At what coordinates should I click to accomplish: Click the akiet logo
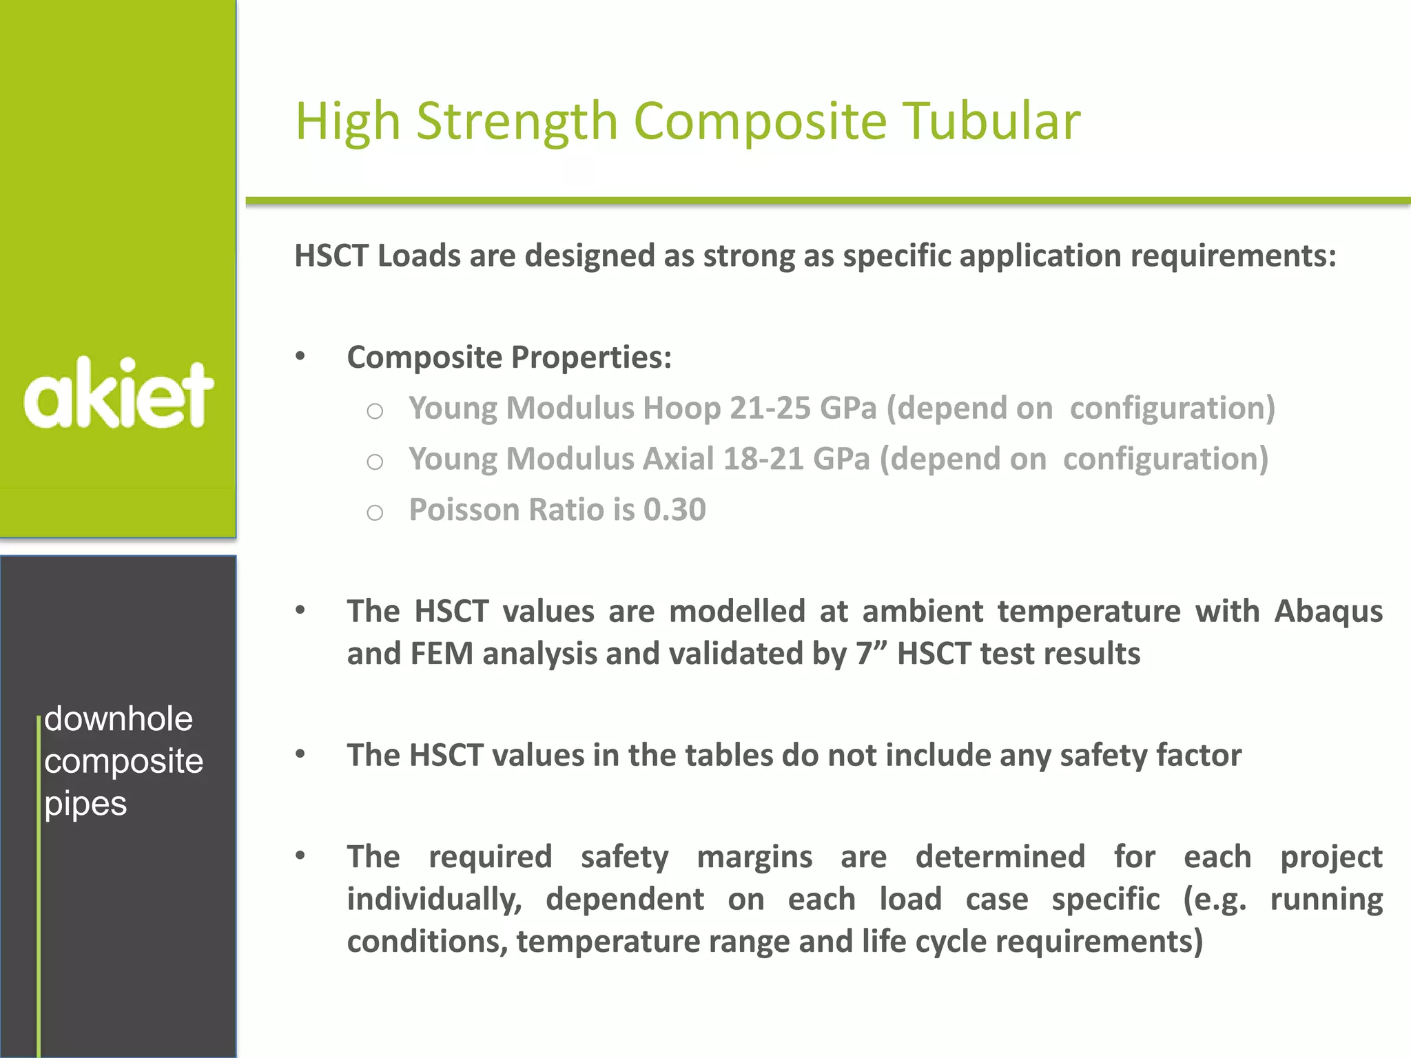click(x=119, y=394)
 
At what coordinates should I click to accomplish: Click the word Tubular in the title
click(x=991, y=121)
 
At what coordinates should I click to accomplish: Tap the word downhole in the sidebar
click(x=119, y=719)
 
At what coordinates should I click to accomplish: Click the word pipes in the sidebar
click(x=85, y=804)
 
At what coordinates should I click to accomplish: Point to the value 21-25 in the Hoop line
click(x=770, y=408)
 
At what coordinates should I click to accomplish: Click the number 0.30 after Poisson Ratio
click(x=674, y=510)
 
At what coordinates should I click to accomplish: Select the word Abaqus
click(x=1328, y=612)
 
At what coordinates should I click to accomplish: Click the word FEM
click(x=442, y=654)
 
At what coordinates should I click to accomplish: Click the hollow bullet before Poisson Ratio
click(x=375, y=512)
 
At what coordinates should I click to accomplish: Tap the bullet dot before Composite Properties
click(x=300, y=356)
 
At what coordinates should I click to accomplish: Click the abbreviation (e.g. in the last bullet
click(x=1215, y=900)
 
